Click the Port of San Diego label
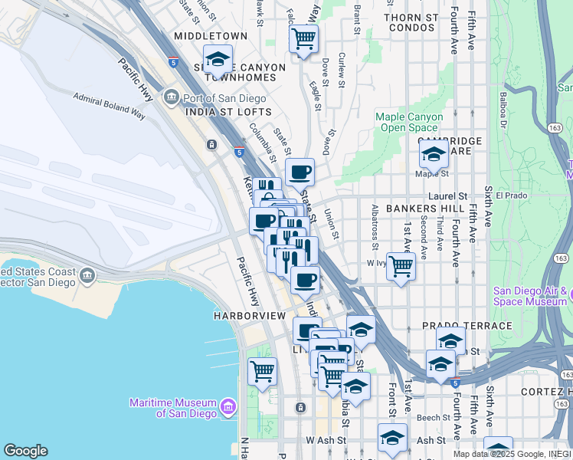pos(223,98)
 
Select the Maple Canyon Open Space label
pos(409,122)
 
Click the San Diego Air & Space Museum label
pos(532,296)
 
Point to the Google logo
pos(25,451)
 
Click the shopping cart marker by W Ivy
pos(401,267)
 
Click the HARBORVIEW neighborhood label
pos(249,316)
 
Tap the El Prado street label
pos(511,195)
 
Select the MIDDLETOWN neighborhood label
pos(211,36)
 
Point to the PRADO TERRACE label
pos(467,326)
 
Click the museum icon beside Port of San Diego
pos(170,97)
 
